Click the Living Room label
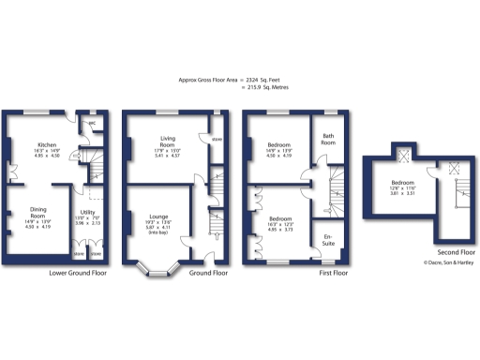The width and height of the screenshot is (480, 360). (x=167, y=143)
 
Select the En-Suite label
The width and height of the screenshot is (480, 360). (x=328, y=239)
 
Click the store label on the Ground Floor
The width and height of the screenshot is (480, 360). (x=217, y=142)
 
